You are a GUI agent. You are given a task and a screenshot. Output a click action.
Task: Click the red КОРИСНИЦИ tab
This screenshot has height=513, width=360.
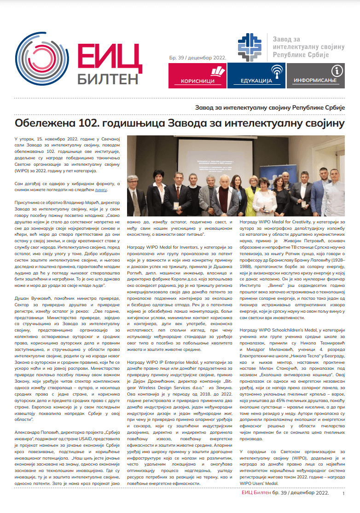click(197, 76)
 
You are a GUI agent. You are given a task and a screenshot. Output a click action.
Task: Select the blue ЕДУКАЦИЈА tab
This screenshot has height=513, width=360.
click(256, 76)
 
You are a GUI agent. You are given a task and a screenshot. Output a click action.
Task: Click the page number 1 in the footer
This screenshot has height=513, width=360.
click(343, 494)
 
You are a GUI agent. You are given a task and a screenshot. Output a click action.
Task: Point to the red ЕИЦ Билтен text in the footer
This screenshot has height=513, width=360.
click(256, 493)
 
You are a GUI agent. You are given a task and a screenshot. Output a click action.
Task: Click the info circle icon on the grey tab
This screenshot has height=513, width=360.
click(337, 70)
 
